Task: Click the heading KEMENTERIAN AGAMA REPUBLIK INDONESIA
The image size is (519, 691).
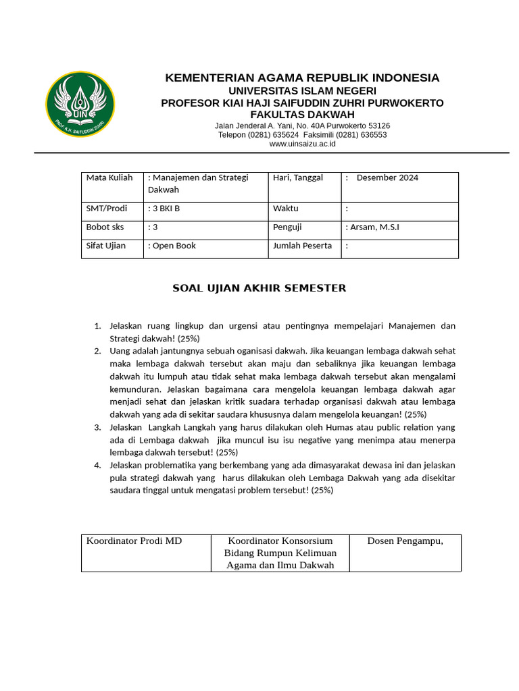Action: click(302, 78)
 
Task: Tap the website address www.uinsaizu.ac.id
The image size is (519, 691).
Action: click(302, 144)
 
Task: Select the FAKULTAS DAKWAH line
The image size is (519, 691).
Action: click(302, 115)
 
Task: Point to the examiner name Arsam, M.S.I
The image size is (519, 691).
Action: click(375, 227)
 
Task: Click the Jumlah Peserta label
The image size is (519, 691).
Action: click(302, 246)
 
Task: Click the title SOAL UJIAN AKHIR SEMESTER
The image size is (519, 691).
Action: click(259, 288)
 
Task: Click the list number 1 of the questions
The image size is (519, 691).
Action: click(97, 326)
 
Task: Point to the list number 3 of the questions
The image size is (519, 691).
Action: click(97, 428)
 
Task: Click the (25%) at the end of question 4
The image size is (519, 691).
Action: click(322, 491)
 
